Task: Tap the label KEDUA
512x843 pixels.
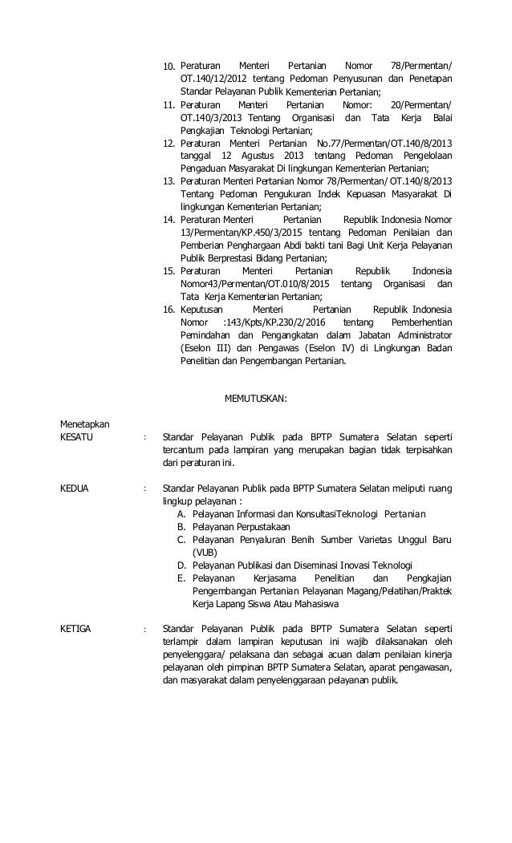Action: tap(75, 487)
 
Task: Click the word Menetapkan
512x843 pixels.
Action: tap(86, 424)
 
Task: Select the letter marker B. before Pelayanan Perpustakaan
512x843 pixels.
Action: tap(182, 526)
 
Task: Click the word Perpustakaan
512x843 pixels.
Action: tap(260, 526)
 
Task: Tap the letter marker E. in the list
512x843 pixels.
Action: tap(182, 578)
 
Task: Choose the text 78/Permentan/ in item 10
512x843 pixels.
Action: tap(421, 65)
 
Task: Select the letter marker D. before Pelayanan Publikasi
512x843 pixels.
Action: tap(182, 565)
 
